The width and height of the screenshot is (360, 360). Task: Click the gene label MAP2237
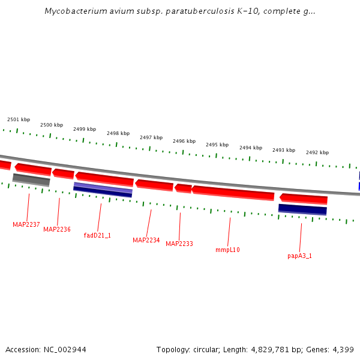[26, 224]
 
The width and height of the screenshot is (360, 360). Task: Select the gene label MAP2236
[56, 229]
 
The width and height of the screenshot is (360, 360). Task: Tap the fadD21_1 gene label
[97, 235]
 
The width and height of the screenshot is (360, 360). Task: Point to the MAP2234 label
[146, 240]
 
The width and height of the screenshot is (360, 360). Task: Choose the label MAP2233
[179, 244]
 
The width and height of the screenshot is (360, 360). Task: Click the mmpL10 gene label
[227, 250]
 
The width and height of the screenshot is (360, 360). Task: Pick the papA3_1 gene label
[299, 256]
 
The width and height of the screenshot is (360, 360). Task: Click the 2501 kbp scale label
[19, 119]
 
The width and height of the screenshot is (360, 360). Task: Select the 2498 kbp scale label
[118, 133]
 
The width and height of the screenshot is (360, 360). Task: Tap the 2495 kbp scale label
[217, 145]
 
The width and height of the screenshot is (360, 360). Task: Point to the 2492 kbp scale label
[317, 152]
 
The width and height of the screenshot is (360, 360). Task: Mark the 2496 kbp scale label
[184, 141]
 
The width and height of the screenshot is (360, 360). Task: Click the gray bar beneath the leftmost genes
[31, 179]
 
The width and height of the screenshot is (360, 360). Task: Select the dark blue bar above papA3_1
[302, 209]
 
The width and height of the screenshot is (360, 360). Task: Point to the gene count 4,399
[342, 349]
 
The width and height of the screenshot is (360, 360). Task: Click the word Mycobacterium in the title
[73, 11]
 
